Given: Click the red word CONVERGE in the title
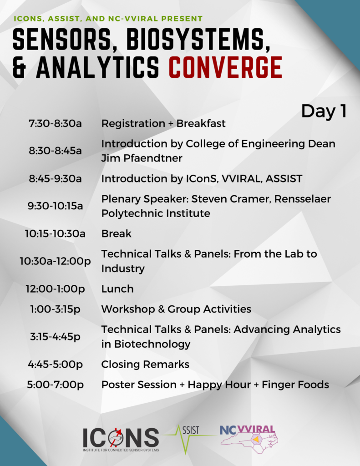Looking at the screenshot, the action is pyautogui.click(x=225, y=67).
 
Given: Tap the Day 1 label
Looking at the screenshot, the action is pyautogui.click(x=324, y=111).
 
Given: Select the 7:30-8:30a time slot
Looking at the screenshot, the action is pyautogui.click(x=55, y=123).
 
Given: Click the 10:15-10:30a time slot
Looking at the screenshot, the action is pyautogui.click(x=55, y=233).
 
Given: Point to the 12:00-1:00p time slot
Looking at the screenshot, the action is pyautogui.click(x=55, y=289).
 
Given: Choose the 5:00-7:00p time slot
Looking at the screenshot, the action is pyautogui.click(x=55, y=385).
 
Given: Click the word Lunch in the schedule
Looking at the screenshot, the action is pyautogui.click(x=117, y=289).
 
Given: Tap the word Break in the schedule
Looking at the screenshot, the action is pyautogui.click(x=116, y=233).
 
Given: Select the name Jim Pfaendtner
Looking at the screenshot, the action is pyautogui.click(x=142, y=158).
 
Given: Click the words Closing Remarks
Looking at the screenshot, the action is pyautogui.click(x=145, y=364).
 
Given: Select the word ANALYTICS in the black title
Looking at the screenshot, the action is pyautogui.click(x=97, y=67).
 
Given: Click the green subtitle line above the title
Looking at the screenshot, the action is pyautogui.click(x=108, y=18).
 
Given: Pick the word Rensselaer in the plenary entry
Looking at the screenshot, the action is pyautogui.click(x=302, y=198).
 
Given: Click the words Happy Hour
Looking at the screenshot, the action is pyautogui.click(x=219, y=385).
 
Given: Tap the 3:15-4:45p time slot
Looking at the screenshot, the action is pyautogui.click(x=55, y=336).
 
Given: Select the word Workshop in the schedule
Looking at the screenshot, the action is pyautogui.click(x=128, y=309).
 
